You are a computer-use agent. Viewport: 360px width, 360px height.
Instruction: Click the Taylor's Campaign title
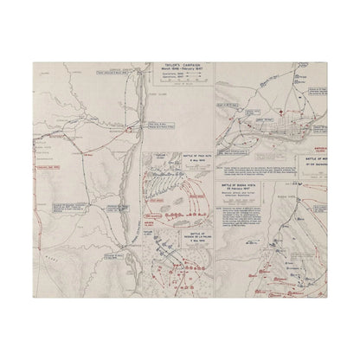177,66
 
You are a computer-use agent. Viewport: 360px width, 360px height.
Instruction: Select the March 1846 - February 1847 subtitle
177,71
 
